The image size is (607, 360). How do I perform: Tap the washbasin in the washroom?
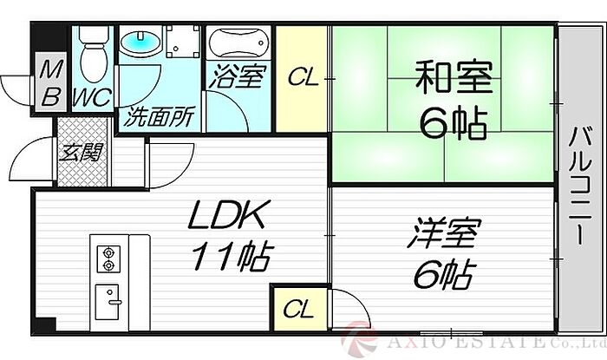pyautogui.click(x=138, y=43)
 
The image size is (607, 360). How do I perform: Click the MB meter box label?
pyautogui.click(x=50, y=83)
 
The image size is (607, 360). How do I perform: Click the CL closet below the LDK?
pyautogui.click(x=296, y=308)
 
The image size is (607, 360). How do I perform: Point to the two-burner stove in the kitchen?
pyautogui.click(x=109, y=257)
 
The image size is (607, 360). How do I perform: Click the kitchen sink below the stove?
pyautogui.click(x=109, y=299)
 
